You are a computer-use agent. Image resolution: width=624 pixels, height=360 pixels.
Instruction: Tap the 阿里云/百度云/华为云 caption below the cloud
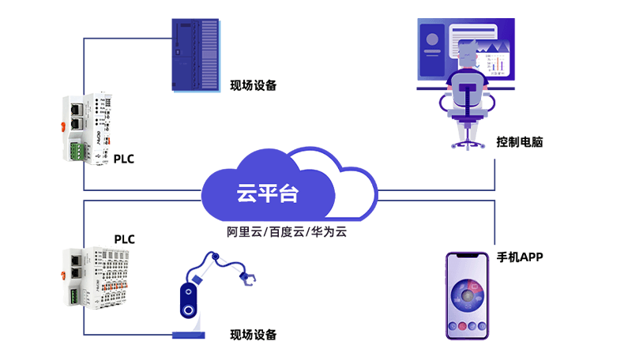(x=287, y=233)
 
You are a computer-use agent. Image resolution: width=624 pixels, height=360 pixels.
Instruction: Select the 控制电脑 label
(x=519, y=143)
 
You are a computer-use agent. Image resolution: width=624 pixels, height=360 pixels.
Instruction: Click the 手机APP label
(x=519, y=257)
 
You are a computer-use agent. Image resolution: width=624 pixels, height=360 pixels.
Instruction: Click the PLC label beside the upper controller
(x=124, y=159)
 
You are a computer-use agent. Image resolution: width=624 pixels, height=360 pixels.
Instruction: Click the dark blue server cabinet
(x=194, y=54)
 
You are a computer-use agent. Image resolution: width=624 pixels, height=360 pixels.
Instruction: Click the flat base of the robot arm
(x=189, y=336)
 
